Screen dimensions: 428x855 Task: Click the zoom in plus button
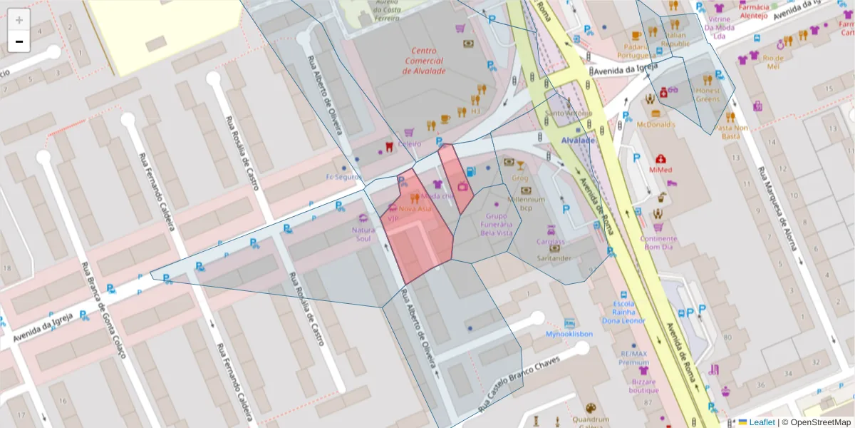(x=19, y=20)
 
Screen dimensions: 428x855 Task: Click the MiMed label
(x=660, y=170)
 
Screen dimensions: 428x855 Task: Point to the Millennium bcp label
(x=526, y=203)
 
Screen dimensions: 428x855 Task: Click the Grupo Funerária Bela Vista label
(x=497, y=223)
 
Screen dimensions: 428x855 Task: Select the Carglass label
(x=550, y=241)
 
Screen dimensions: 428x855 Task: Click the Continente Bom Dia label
(x=658, y=243)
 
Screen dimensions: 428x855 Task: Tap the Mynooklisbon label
(x=569, y=333)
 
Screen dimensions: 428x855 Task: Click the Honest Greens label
(x=708, y=95)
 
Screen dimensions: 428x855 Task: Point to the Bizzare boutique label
(x=643, y=385)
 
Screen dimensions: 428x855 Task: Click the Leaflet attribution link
(x=761, y=422)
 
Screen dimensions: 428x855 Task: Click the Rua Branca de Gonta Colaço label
(x=103, y=311)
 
